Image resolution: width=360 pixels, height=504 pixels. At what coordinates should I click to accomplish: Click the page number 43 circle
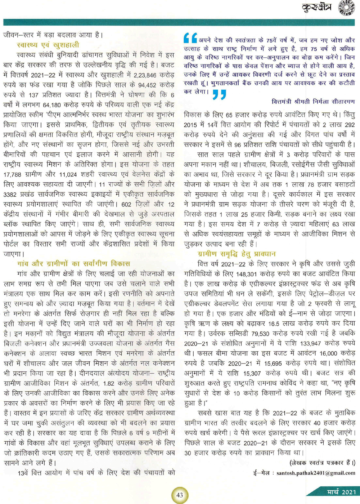[x=180, y=495]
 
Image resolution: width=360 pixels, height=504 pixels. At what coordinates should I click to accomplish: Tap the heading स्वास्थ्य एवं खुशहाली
[x=48, y=45]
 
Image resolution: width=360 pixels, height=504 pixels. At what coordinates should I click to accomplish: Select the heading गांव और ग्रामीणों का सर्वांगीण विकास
[x=73, y=263]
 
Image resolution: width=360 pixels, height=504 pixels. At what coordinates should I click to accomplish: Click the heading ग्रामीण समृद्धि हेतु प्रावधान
[x=237, y=254]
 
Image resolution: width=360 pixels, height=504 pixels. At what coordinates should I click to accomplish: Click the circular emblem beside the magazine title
[x=346, y=8]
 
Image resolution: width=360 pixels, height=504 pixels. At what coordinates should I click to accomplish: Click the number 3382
[x=11, y=194]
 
